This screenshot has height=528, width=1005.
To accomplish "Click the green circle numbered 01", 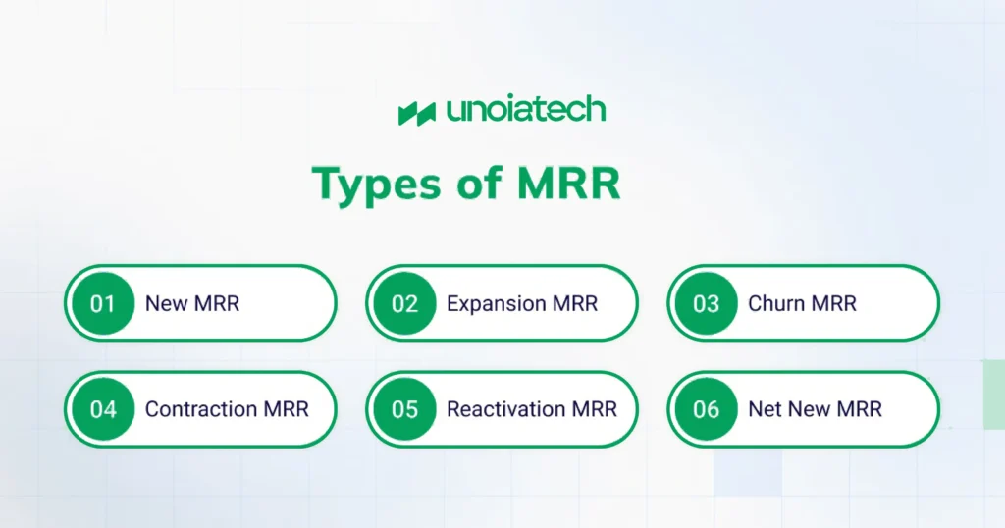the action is click(x=103, y=303).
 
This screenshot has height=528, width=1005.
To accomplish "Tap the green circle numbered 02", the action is click(x=404, y=303).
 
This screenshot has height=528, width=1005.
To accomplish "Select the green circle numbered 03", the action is click(x=706, y=303).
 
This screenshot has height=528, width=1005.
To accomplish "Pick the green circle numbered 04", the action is click(x=103, y=409).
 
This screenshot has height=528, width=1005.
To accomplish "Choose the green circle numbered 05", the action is click(x=404, y=409).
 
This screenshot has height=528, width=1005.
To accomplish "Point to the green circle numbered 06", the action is click(x=706, y=409).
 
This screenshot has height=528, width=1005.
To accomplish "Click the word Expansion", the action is click(x=496, y=304).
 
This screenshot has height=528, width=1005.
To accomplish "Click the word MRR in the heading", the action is click(x=568, y=184).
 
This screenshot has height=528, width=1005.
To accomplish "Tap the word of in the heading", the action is click(x=479, y=183).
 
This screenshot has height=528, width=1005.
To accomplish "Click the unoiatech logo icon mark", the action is click(x=416, y=114).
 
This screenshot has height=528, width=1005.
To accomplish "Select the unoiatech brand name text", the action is click(x=526, y=110).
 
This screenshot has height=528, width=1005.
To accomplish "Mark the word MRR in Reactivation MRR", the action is click(x=594, y=409).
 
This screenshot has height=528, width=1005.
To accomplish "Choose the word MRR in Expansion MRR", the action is click(x=574, y=303).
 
